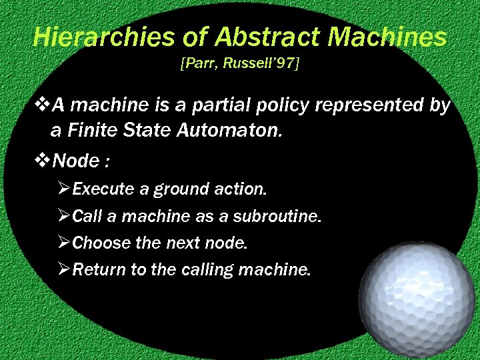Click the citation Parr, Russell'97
(239, 65)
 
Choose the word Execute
(103, 189)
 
